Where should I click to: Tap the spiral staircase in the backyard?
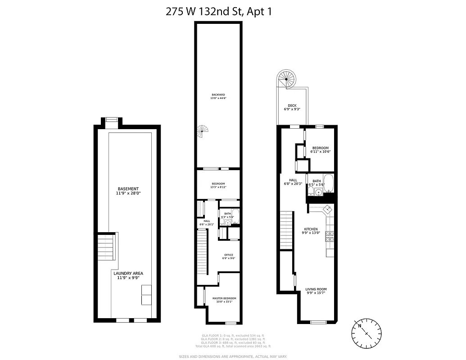[x=204, y=132]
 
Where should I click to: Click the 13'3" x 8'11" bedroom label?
[x=218, y=185]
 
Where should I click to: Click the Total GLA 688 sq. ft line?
[x=233, y=346]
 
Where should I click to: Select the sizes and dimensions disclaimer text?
[x=233, y=356]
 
